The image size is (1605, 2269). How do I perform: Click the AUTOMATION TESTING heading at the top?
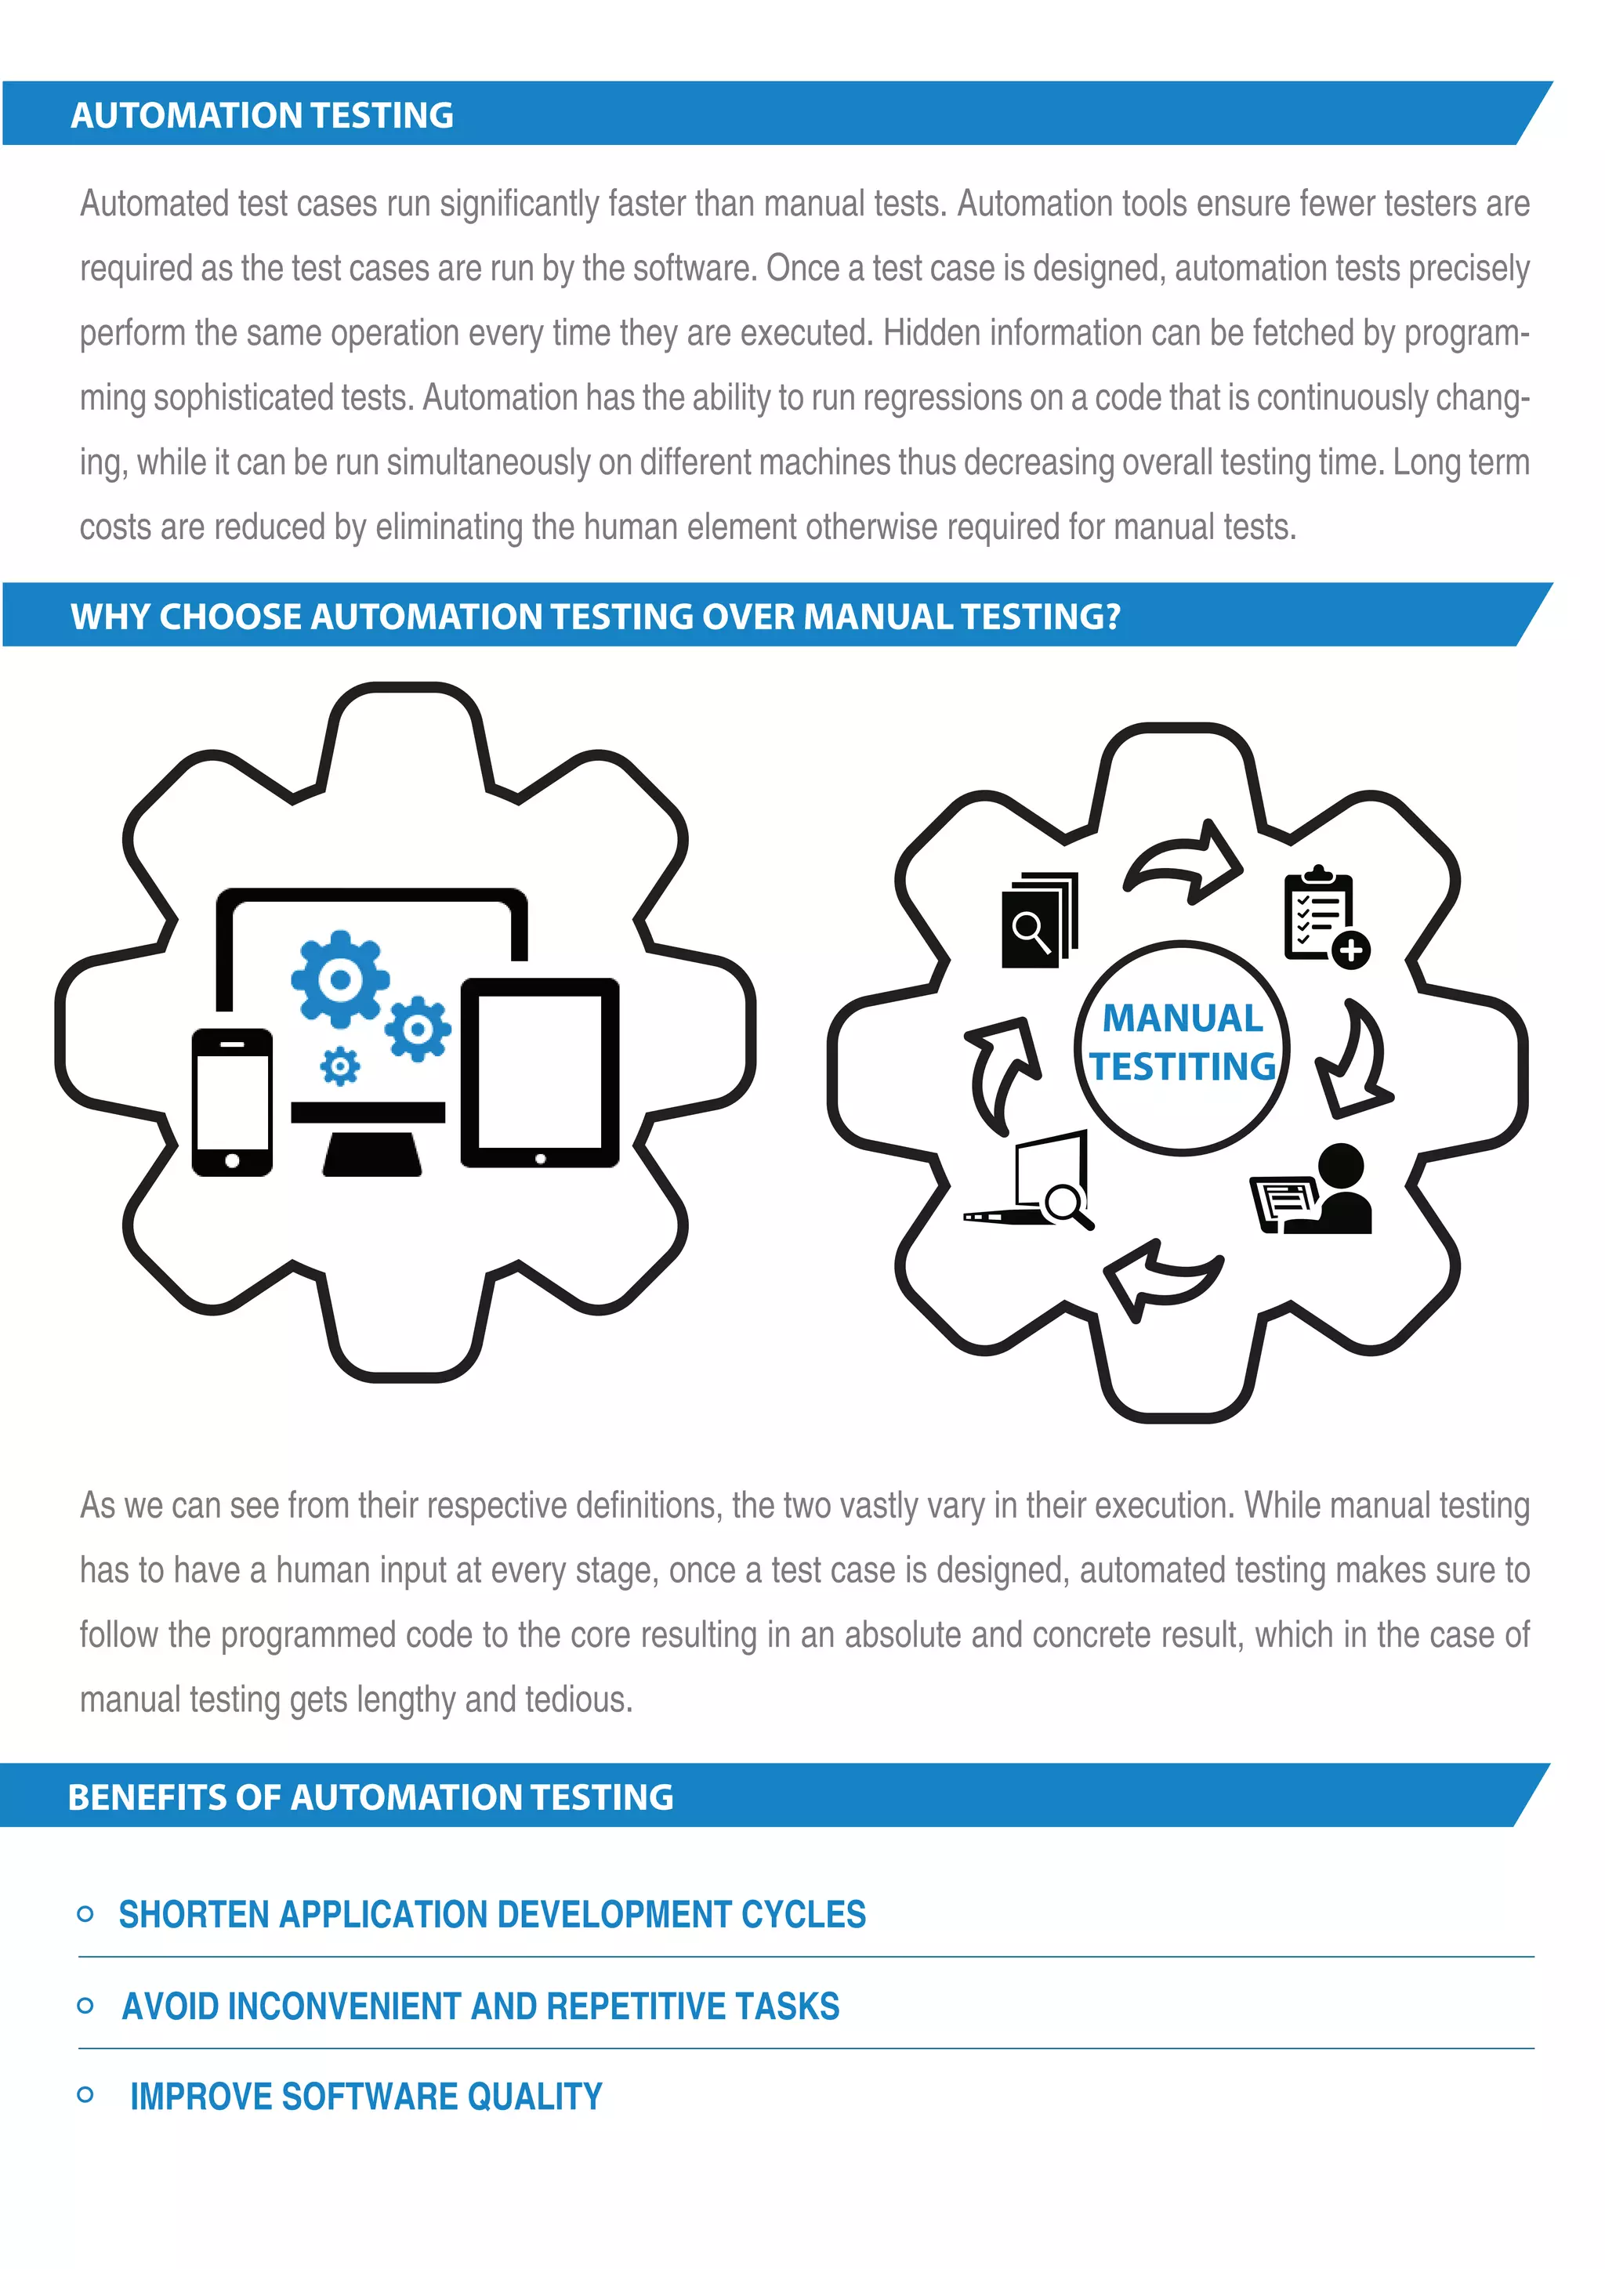262,116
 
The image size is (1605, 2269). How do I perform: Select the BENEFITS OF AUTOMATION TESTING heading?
371,1797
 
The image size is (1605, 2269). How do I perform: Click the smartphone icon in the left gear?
232,1102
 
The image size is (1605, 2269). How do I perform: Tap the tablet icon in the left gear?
540,1073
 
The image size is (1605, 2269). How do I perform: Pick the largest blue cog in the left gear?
339,979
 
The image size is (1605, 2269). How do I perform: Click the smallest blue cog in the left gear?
340,1066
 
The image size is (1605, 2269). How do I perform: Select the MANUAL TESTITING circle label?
1182,1044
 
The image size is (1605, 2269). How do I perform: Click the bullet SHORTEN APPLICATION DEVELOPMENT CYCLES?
492,1914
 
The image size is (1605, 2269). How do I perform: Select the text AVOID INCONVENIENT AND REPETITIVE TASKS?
480,2006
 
